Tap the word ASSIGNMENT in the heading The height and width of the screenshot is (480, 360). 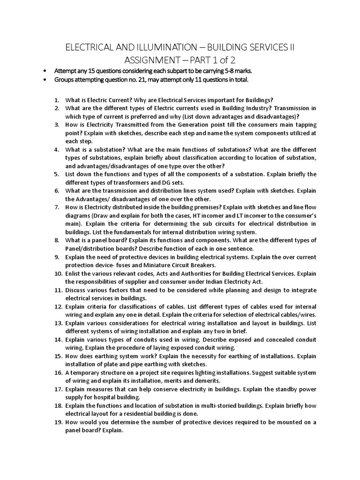coord(162,60)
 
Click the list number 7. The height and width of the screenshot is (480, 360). coord(57,207)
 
